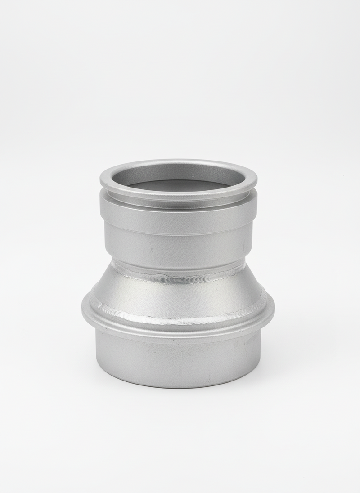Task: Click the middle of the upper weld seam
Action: click(x=178, y=279)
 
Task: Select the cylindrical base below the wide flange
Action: click(x=178, y=360)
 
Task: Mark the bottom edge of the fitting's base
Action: click(x=178, y=387)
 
